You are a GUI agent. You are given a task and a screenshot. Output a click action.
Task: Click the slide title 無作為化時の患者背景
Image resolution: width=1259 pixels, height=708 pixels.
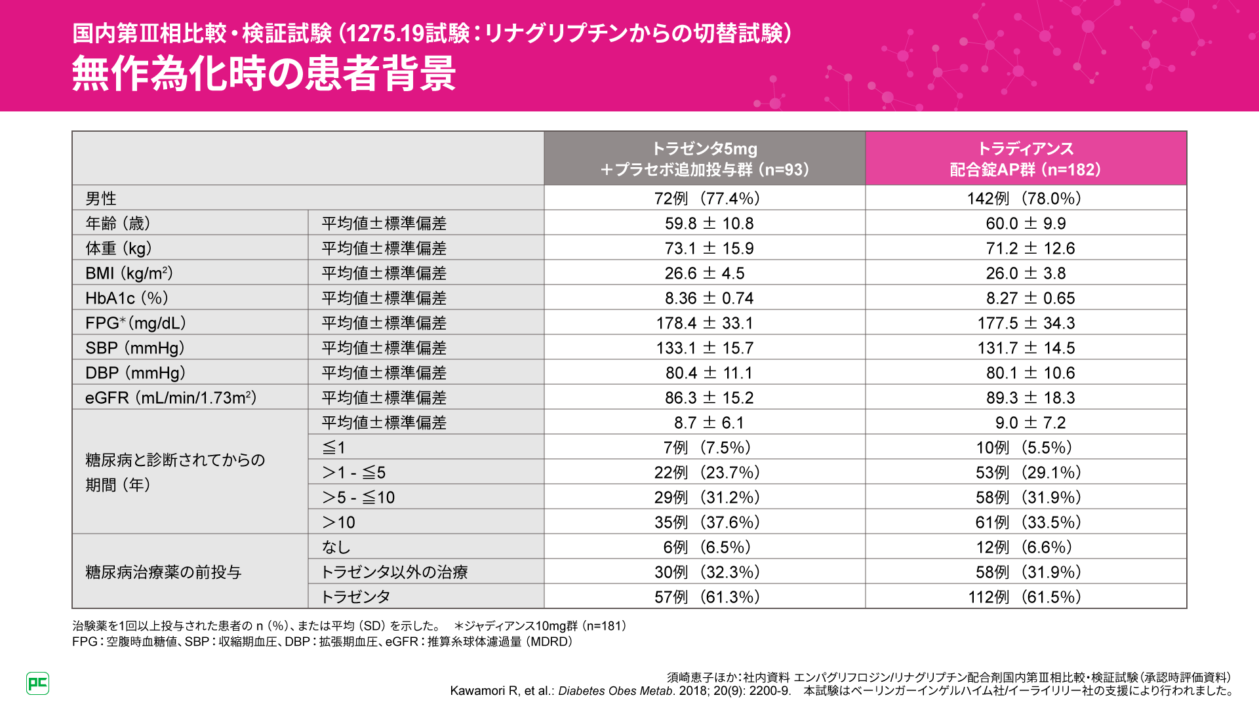pos(264,73)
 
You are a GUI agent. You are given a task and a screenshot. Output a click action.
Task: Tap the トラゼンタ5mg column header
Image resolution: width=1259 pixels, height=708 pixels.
pos(704,159)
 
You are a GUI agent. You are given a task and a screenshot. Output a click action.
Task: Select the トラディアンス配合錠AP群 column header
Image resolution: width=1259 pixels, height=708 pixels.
pos(1026,159)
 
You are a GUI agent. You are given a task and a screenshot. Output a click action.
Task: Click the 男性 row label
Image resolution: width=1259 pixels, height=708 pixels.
pos(101,199)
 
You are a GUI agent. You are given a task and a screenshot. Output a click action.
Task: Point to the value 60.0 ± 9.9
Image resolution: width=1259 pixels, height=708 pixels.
pos(1026,224)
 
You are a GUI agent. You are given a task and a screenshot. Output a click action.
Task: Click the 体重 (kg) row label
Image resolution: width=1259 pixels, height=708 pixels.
pos(119,248)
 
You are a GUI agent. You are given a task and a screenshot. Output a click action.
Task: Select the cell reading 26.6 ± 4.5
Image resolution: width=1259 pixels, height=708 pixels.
pos(704,273)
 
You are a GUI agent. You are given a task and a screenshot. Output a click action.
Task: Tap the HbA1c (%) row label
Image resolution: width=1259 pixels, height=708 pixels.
pos(127,298)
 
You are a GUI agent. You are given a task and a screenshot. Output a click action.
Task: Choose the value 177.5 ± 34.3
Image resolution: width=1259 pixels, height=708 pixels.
pos(1026,323)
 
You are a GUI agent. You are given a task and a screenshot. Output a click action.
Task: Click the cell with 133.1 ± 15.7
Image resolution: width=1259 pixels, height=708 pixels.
pos(704,348)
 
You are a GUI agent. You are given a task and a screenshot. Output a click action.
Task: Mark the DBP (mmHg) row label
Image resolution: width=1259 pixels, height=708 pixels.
pos(136,373)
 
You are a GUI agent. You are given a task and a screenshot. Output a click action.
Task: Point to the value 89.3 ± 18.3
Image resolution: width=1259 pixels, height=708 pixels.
pos(1026,398)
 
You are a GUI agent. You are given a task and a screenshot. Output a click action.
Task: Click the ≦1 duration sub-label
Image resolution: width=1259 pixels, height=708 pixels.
pos(334,448)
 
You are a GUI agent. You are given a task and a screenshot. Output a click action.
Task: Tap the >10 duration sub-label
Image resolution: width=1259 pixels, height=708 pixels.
pos(338,522)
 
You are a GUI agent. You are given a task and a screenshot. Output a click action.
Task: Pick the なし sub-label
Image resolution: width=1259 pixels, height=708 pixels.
pos(336,547)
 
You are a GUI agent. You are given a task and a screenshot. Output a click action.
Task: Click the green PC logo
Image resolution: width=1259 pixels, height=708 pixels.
pos(38,683)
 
